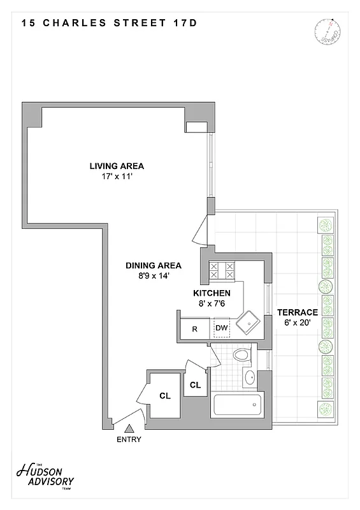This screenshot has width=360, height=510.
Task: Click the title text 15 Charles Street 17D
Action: coord(109,24)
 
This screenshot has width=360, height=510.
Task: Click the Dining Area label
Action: coord(153,266)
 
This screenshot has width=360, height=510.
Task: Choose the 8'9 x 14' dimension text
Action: coord(153,276)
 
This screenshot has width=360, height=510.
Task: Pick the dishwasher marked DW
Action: coord(222,328)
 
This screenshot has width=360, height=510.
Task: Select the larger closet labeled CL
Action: coord(165,395)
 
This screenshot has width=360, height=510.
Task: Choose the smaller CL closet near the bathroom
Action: coord(196,385)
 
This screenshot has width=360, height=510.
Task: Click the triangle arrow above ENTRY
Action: coord(129,429)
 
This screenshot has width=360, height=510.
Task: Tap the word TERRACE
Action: coord(297,312)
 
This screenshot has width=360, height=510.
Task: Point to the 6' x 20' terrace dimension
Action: coord(297,323)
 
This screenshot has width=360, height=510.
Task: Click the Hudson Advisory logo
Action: coord(45,474)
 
